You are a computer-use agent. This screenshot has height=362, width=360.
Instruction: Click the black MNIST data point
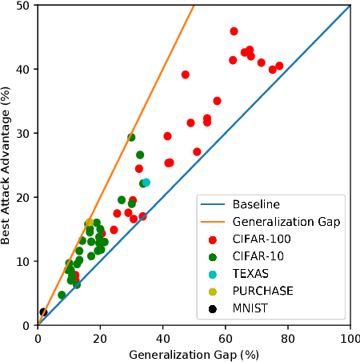click(43, 312)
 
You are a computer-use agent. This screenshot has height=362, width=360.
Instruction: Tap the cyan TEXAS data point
click(146, 183)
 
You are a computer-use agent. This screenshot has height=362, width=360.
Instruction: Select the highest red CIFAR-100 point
click(234, 31)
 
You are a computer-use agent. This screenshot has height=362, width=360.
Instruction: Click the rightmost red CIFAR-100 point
click(279, 66)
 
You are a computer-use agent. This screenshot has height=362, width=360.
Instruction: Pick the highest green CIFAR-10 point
click(131, 137)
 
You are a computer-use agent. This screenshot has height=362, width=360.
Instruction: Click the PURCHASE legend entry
click(261, 291)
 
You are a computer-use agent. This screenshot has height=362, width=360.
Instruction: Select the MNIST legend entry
click(250, 308)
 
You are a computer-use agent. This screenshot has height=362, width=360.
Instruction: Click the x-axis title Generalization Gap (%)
click(194, 353)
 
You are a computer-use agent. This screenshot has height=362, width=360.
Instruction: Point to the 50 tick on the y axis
click(23, 6)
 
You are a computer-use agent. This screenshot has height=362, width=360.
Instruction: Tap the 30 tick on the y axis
click(23, 133)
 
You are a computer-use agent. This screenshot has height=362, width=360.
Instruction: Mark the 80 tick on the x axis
click(288, 337)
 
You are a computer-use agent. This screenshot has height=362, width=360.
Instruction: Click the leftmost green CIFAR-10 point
click(62, 295)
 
